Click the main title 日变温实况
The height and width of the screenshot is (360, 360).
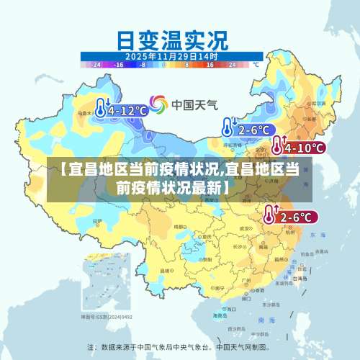click(171, 37)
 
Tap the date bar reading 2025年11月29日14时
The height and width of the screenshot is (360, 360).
click(171, 55)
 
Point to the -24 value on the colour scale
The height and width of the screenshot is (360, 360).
click(96, 64)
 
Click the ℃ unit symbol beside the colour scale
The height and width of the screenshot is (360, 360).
click(254, 64)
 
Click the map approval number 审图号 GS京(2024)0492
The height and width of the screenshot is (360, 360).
click(106, 316)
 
